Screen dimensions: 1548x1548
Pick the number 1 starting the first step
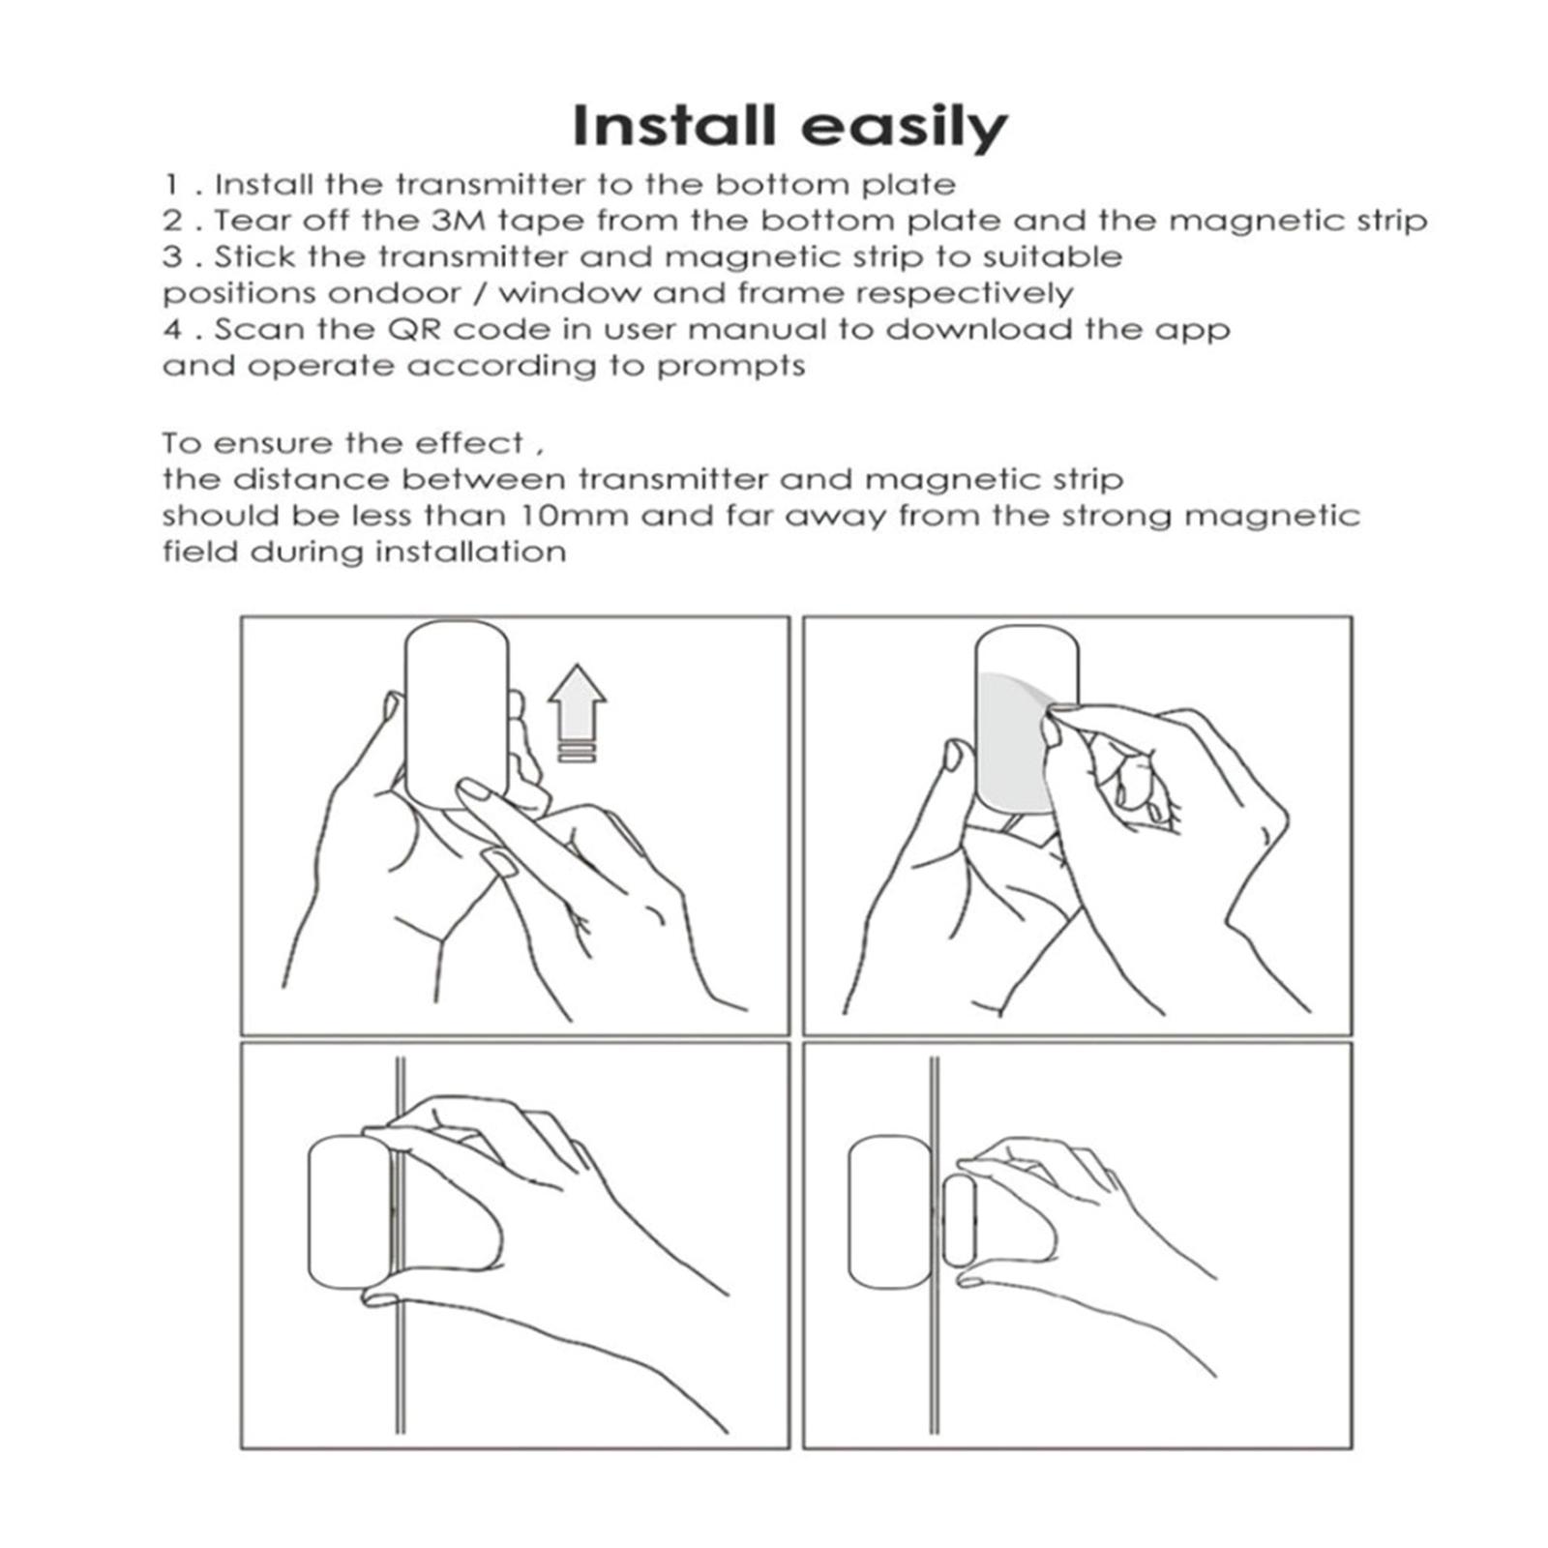(x=171, y=185)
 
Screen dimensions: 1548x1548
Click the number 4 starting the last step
(x=172, y=330)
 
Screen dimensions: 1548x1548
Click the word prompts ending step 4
(x=730, y=368)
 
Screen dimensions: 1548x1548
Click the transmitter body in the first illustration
(x=457, y=716)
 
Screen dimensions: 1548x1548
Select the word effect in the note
(x=469, y=443)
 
